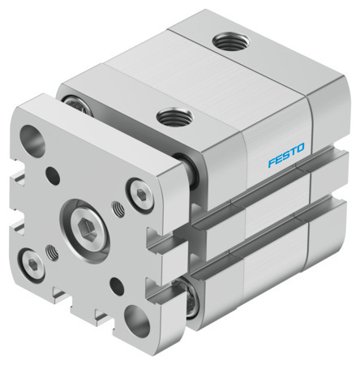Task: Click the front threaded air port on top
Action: coord(170,118)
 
